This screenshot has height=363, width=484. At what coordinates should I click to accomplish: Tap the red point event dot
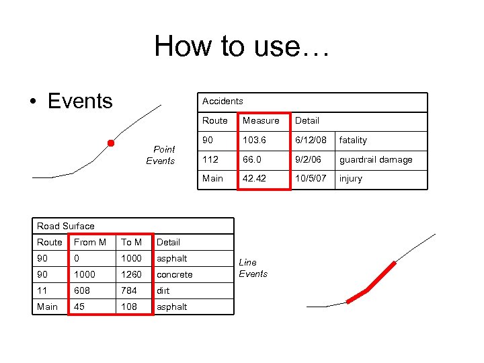coord(111,143)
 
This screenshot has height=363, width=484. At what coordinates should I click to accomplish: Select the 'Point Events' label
coord(161,155)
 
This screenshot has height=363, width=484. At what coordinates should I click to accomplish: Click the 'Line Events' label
coord(253,268)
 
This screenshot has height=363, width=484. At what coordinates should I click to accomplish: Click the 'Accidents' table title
coord(223,101)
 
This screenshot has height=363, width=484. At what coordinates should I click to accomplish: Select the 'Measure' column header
coord(261,120)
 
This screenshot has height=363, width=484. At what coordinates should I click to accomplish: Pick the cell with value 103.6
coord(255,140)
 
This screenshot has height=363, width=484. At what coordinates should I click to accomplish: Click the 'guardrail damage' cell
coord(376,159)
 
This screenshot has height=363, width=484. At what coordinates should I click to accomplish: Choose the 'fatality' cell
coord(353,140)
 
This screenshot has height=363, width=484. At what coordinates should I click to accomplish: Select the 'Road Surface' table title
coord(66,226)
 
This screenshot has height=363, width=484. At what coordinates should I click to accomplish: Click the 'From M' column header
coord(90,242)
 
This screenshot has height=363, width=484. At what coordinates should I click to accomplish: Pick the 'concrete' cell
coord(174,274)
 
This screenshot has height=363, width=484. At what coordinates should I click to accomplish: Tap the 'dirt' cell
coord(163,290)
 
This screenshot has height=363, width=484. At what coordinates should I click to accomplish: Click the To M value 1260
coord(132,274)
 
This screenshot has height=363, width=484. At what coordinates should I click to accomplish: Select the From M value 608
coord(82,290)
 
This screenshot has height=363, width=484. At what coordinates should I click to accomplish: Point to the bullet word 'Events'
coord(80,101)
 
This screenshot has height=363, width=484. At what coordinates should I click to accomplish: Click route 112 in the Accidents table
coord(210,159)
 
